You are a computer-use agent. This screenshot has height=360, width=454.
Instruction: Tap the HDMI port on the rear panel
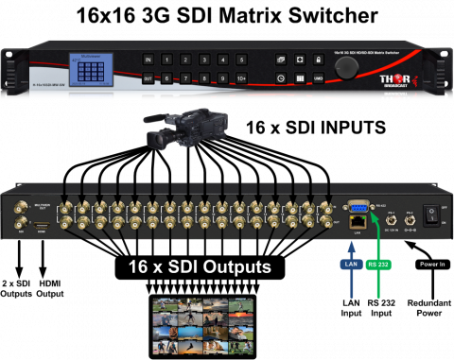pyautogui.click(x=44, y=228)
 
